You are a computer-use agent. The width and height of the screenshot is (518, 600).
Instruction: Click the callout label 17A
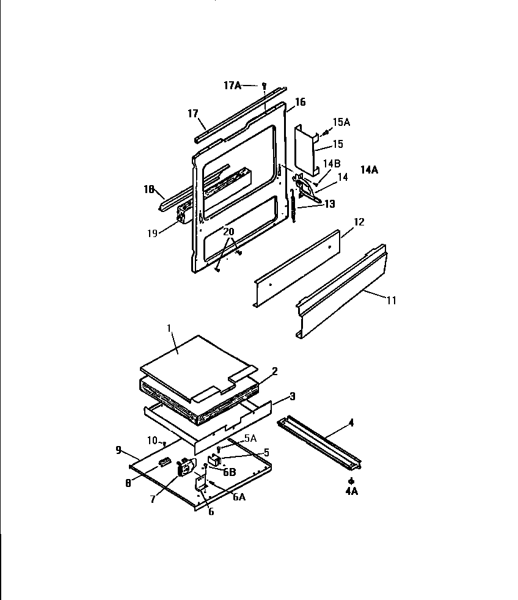click(232, 86)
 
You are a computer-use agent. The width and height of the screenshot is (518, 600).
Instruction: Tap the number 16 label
click(300, 102)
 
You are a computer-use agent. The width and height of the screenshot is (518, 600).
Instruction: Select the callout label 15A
click(341, 123)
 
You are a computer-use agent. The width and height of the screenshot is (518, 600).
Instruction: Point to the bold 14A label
click(369, 170)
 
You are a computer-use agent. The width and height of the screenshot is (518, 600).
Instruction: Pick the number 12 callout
click(359, 222)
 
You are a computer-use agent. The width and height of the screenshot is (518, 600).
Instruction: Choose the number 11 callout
click(390, 300)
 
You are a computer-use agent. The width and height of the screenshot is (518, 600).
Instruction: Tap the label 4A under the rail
click(351, 491)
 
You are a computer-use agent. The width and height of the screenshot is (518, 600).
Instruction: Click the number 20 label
click(228, 232)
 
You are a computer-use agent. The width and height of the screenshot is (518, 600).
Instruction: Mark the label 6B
click(229, 472)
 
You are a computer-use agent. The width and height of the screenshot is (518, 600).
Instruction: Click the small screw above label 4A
click(351, 481)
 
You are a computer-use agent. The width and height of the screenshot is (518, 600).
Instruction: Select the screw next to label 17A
click(263, 85)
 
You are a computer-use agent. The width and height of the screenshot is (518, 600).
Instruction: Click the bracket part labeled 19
click(182, 214)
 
